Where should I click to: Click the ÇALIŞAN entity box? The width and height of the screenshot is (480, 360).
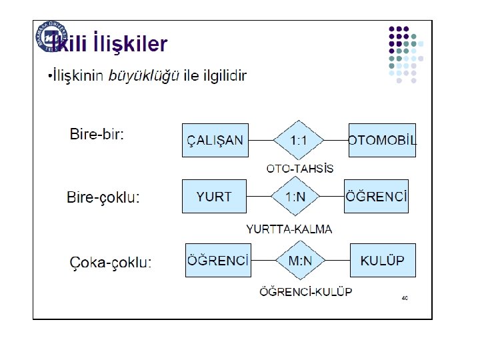tap(215, 140)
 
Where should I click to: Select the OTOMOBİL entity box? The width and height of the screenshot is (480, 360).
tap(382, 140)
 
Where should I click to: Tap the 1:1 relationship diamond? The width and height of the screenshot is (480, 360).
tap(299, 140)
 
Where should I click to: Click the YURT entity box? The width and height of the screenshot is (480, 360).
tap(214, 196)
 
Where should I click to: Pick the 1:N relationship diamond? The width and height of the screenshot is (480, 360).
tap(295, 196)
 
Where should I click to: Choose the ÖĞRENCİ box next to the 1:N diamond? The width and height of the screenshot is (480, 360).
tap(376, 196)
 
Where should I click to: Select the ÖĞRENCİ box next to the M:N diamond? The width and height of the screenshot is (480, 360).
tap(218, 260)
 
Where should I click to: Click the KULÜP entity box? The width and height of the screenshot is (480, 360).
tap(382, 260)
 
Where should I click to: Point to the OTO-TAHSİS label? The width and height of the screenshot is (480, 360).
tap(300, 169)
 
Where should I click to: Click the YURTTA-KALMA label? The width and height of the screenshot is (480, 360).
tap(289, 229)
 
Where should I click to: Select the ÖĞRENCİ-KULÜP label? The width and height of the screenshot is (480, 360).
tap(305, 291)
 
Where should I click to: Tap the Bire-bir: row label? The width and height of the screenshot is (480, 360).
tap(97, 134)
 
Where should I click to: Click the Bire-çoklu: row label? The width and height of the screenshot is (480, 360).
tap(103, 197)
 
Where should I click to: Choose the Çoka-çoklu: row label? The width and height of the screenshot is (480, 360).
tap(111, 262)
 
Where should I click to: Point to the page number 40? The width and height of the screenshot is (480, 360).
tap(405, 298)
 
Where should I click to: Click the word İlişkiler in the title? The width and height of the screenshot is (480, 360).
tap(131, 44)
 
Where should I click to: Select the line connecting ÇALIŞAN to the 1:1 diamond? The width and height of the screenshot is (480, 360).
tap(261, 141)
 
